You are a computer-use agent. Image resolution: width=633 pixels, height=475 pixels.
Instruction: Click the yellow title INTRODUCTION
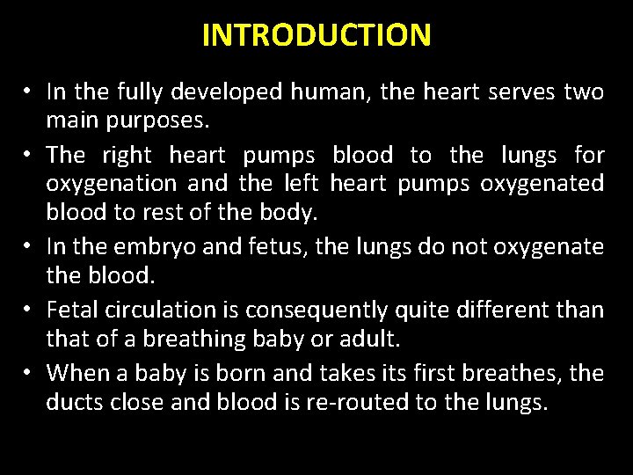point(316,35)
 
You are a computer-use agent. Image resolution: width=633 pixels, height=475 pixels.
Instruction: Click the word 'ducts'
point(76,402)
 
